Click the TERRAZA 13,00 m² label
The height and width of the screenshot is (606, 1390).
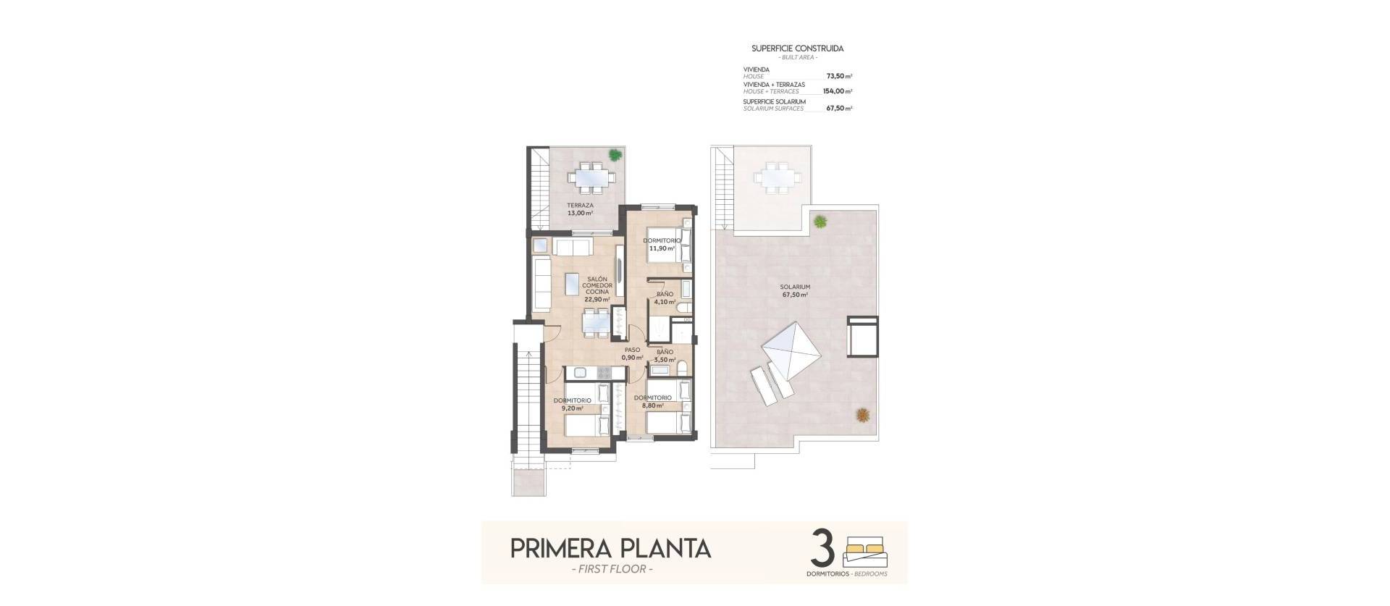579,209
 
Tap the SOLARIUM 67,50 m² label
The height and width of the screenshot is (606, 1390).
795,291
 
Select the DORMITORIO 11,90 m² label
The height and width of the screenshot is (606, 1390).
662,244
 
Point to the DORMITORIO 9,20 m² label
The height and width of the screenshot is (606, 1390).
572,404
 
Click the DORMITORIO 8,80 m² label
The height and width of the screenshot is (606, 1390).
652,402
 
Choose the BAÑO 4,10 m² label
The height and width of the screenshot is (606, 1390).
665,298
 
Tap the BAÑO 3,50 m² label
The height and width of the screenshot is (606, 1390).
664,355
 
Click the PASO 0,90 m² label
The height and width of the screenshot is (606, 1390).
632,353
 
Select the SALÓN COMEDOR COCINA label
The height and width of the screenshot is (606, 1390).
597,289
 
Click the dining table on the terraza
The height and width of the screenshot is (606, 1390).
591,176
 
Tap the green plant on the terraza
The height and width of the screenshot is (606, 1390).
615,154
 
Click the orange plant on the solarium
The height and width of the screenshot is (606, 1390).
862,415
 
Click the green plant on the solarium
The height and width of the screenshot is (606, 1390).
820,222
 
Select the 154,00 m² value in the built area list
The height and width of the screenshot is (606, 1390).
836,92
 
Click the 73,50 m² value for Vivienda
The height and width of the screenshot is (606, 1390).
838,75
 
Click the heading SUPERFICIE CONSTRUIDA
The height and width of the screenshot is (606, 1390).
797,49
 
